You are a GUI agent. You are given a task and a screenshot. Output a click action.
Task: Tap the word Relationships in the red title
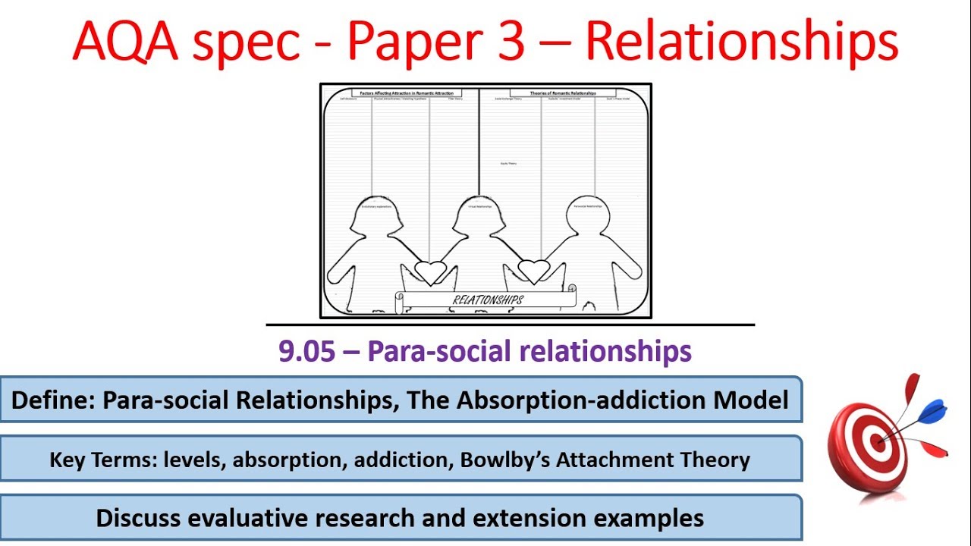(x=741, y=43)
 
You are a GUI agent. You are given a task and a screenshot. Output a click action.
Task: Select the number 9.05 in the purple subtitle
(x=307, y=351)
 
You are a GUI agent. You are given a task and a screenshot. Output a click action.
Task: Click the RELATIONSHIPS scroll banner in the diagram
(x=486, y=300)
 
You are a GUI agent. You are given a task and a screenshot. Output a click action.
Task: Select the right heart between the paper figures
(x=533, y=271)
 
